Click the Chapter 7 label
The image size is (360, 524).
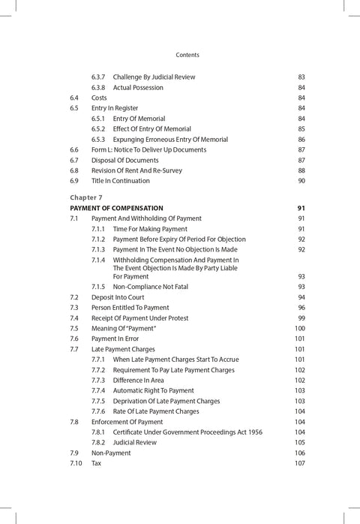point(86,197)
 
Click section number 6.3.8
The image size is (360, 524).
point(99,87)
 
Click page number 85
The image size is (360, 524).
point(301,129)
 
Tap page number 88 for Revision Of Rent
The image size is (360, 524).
point(301,170)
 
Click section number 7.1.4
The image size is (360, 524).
point(99,260)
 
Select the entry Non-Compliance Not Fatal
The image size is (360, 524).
point(156,287)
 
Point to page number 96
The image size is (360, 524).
point(301,308)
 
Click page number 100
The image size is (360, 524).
point(300,329)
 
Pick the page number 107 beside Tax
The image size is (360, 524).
point(300,463)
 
